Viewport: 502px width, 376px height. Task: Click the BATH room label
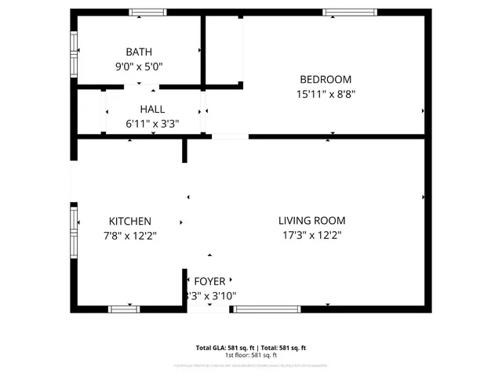[x=140, y=52]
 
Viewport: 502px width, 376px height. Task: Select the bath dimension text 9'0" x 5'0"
[x=140, y=67]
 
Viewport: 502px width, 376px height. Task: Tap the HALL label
[x=152, y=110]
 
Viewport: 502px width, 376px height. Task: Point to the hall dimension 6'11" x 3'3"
[x=152, y=124]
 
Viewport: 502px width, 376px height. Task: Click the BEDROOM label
[x=326, y=79]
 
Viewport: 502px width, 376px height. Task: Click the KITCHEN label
[x=130, y=222]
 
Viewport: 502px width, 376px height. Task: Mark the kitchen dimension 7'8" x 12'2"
[x=130, y=236]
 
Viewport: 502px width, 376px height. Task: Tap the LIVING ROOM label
[x=311, y=221]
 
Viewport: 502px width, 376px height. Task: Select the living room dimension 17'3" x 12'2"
[x=311, y=235]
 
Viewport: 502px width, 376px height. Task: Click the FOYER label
[x=209, y=281]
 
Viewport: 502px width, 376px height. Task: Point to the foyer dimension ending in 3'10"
[x=210, y=296]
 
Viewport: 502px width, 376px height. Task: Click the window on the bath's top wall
[x=147, y=13]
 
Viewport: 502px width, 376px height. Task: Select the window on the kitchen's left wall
[x=75, y=232]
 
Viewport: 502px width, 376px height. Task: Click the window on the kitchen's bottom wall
[x=124, y=309]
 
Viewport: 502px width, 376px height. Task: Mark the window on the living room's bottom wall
[x=267, y=309]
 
